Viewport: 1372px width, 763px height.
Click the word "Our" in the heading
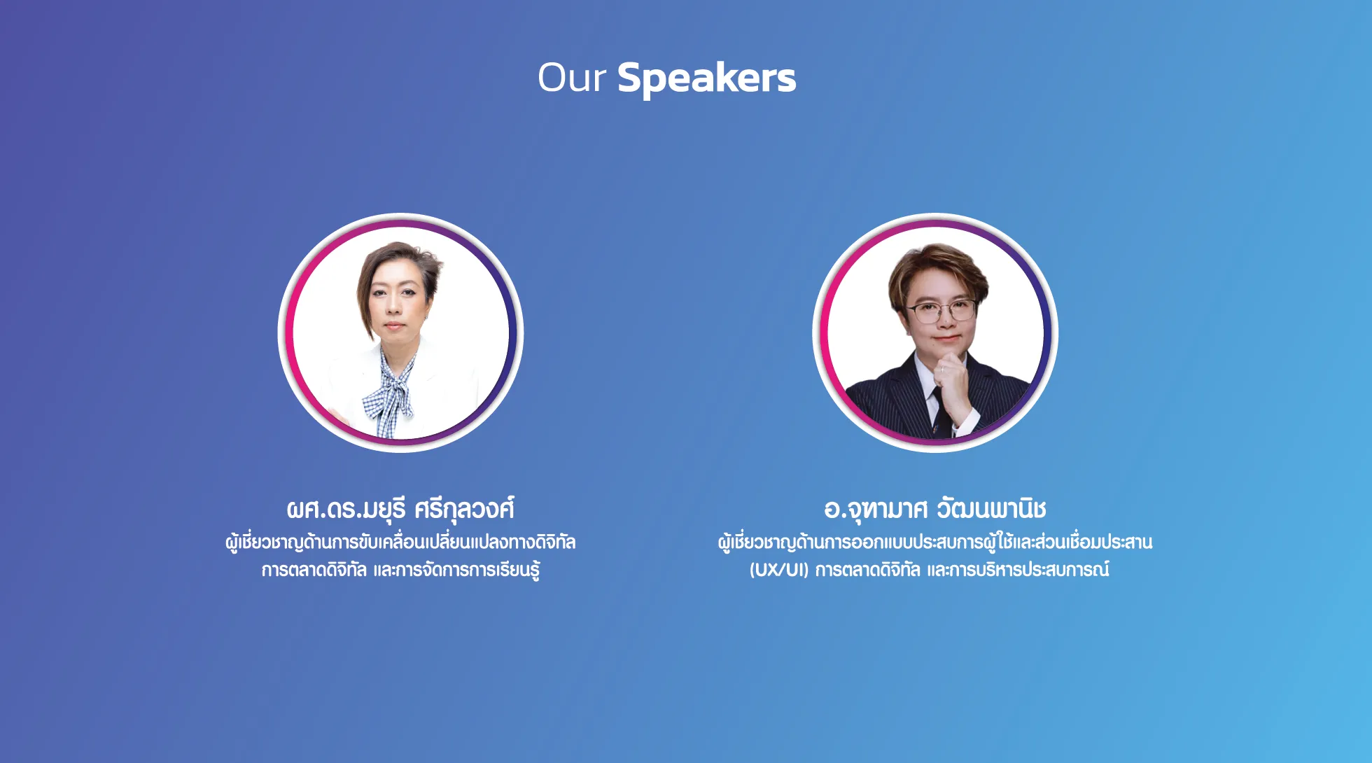click(x=571, y=77)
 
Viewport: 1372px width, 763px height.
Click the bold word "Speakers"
click(x=707, y=78)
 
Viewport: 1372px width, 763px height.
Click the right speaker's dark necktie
click(x=940, y=413)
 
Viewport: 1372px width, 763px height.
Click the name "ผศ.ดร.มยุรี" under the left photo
click(x=346, y=510)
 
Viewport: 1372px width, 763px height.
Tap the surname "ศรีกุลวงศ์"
click(x=464, y=510)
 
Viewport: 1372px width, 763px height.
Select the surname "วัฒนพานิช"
click(x=991, y=508)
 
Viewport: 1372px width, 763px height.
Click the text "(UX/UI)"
click(x=779, y=570)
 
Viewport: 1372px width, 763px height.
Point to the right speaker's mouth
click(x=946, y=338)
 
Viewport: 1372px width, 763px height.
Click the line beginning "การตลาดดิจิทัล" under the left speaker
click(x=400, y=570)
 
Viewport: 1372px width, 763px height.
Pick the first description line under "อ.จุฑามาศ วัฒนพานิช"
click(x=935, y=542)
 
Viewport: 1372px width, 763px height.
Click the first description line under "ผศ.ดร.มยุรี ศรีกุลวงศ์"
click(x=400, y=542)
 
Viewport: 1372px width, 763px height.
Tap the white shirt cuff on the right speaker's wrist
click(x=966, y=421)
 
